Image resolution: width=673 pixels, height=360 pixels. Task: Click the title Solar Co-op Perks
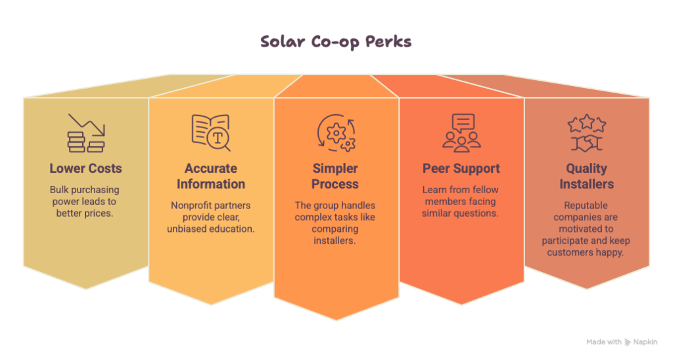pos(336,41)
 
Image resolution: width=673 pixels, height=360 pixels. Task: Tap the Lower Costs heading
pos(85,168)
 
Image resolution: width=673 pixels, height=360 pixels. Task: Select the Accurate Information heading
pos(211,176)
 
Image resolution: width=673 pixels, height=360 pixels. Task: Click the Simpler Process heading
pos(335,176)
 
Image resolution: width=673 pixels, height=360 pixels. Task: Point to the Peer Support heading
pos(461,169)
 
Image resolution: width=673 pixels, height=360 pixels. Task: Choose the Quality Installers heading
pos(586,176)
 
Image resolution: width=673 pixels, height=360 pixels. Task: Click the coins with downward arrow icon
pos(86,133)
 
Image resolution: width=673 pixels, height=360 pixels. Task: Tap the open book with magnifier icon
pos(211,133)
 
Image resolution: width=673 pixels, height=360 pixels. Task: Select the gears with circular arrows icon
pos(336,133)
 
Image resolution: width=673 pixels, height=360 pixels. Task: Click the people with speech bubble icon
pos(461,133)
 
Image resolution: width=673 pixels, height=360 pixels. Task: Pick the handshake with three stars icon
pos(586,133)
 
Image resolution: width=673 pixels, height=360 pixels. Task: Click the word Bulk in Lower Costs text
pos(58,190)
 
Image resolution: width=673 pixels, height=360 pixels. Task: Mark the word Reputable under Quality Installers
pos(586,206)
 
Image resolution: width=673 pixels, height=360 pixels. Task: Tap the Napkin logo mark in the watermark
pos(628,342)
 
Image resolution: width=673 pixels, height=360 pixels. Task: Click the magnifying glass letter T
pos(218,138)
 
